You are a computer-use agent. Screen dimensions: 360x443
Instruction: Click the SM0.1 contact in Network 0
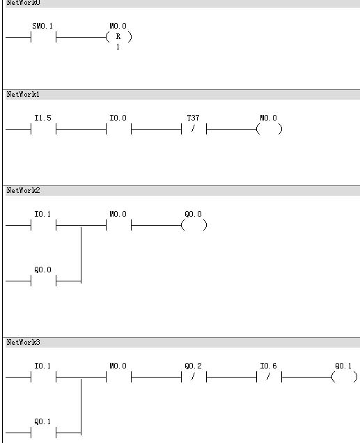point(43,37)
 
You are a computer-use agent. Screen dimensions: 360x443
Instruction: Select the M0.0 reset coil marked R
point(118,37)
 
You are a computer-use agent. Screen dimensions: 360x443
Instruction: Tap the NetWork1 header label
point(23,94)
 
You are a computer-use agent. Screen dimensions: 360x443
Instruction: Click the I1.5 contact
point(43,130)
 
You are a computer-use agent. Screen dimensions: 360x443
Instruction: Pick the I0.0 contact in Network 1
point(118,130)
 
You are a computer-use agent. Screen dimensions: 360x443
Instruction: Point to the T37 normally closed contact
point(194,130)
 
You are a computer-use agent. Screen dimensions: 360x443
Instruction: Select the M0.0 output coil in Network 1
point(269,130)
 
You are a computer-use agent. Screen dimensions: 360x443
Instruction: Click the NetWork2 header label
point(23,190)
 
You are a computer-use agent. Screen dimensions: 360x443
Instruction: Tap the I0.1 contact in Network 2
point(43,225)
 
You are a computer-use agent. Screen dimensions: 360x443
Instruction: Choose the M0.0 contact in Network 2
point(118,225)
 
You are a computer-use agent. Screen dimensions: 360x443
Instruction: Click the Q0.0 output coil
point(194,225)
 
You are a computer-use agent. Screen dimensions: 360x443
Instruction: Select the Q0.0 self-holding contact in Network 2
point(43,281)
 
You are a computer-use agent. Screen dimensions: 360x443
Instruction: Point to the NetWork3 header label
point(23,342)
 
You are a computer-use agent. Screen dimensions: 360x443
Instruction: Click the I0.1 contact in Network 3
point(43,377)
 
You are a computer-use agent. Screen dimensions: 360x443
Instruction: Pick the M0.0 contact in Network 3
point(118,377)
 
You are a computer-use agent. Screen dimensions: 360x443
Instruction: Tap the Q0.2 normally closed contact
point(194,377)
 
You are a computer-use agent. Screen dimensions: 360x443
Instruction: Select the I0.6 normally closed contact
point(269,377)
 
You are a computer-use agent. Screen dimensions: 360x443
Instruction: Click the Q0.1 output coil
point(344,377)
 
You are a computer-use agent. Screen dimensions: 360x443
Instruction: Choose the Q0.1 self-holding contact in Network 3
point(43,433)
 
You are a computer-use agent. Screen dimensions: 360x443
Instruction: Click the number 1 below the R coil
point(118,47)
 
